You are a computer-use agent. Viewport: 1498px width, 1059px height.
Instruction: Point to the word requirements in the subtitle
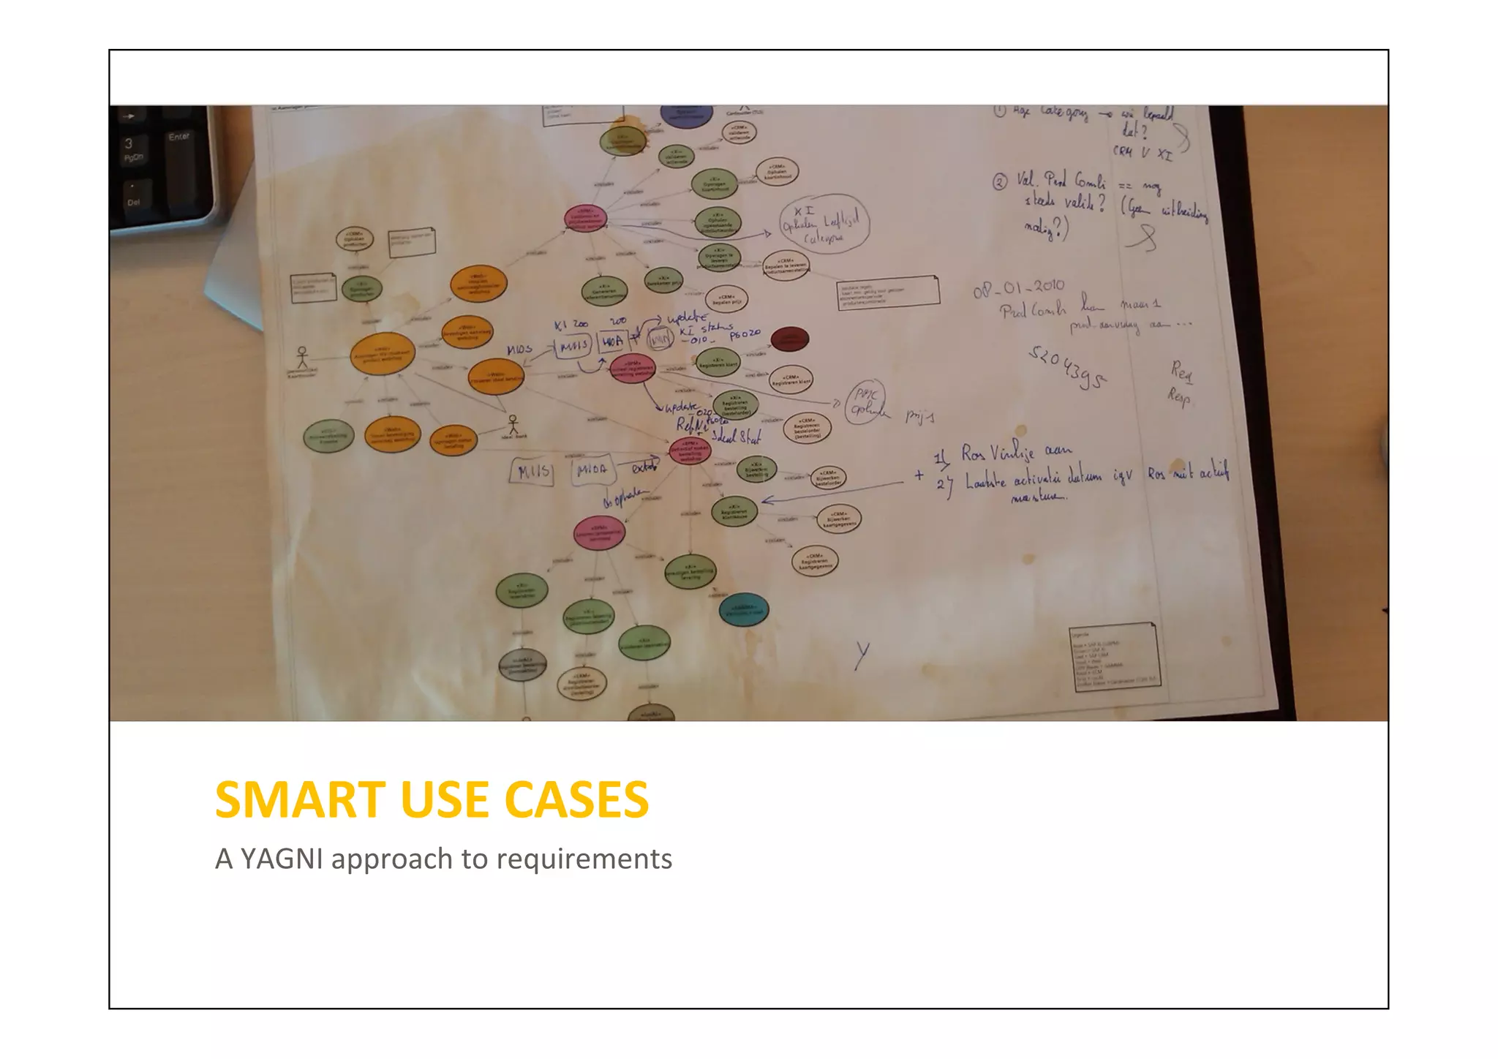coord(584,859)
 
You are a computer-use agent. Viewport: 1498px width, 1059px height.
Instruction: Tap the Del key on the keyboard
coord(132,200)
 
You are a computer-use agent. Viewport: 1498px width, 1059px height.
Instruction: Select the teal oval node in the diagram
coord(744,610)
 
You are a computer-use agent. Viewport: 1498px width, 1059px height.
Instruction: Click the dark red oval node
coord(790,339)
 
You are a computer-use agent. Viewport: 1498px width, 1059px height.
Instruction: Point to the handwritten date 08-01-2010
coord(1018,288)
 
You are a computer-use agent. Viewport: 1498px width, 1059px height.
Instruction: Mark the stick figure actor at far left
coord(302,358)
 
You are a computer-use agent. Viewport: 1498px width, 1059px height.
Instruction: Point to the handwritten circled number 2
coord(1000,182)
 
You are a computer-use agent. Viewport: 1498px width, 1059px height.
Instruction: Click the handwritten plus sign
coord(919,475)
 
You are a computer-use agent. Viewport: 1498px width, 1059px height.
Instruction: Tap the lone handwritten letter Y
coord(863,655)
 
